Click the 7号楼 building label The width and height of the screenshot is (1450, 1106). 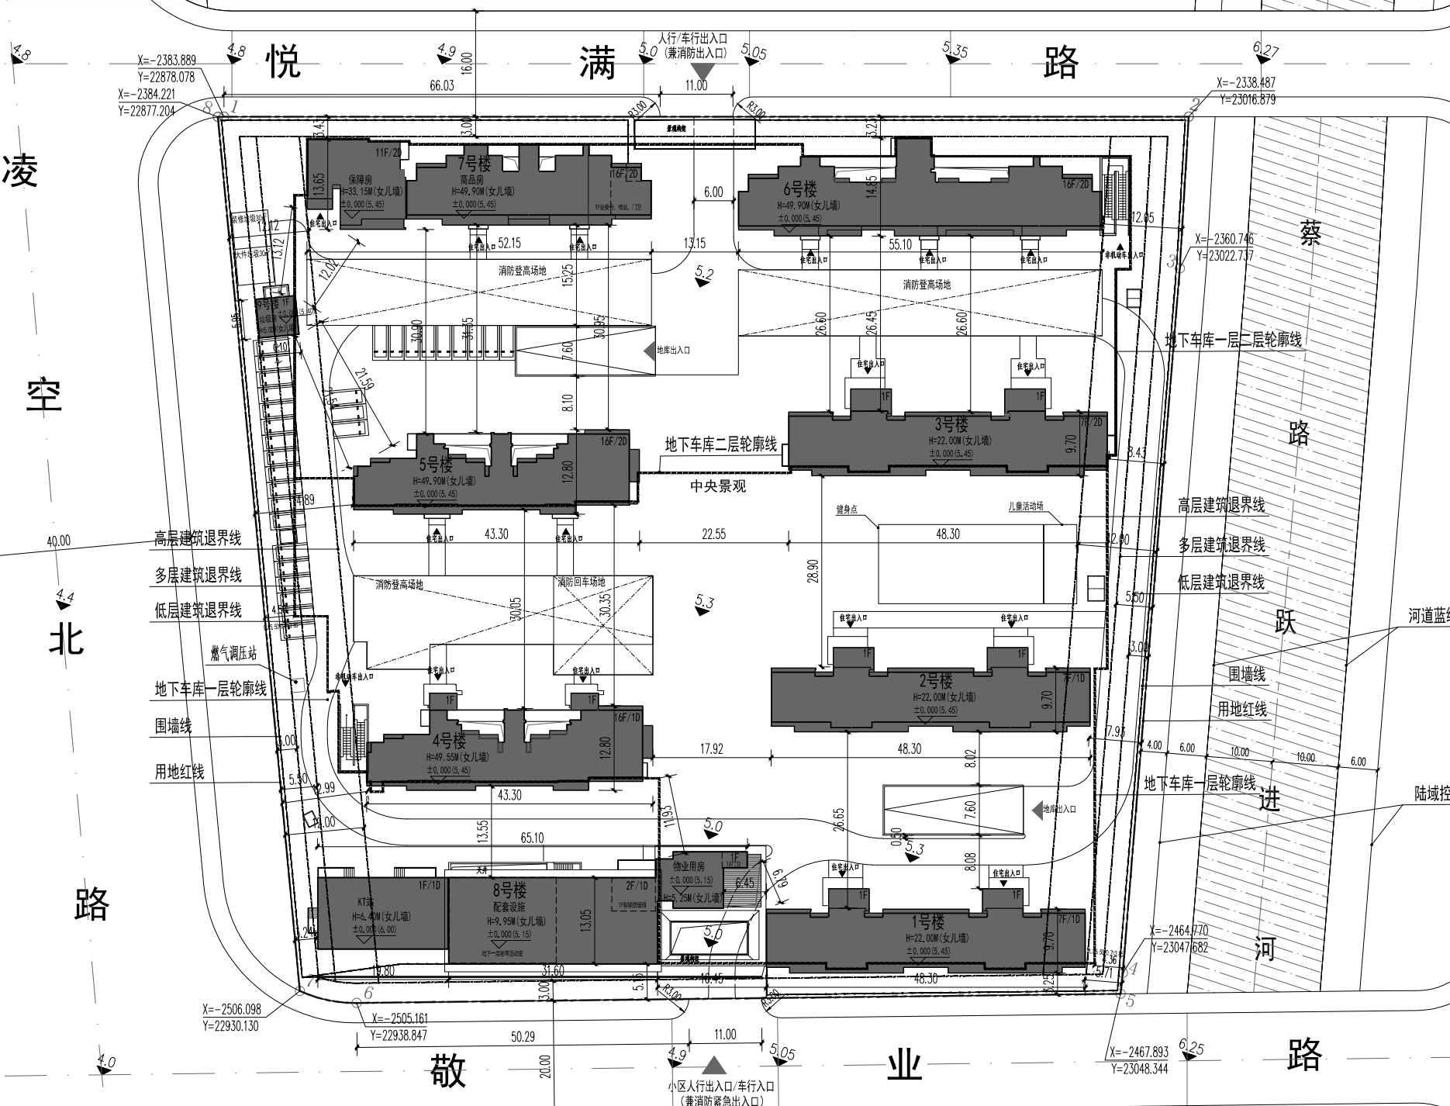[x=475, y=164]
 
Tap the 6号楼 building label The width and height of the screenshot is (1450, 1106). [x=800, y=188]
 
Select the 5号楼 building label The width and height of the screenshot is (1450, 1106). [x=436, y=465]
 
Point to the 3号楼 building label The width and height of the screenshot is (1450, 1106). [x=951, y=424]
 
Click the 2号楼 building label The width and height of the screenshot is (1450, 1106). [x=936, y=681]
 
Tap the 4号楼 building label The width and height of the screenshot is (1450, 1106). [x=448, y=740]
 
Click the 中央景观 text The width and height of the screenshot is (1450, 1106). [x=719, y=487]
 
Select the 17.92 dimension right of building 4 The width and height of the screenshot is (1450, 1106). [x=711, y=749]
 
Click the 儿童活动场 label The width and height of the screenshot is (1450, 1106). [x=1025, y=506]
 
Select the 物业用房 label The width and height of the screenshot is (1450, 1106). [x=688, y=866]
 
